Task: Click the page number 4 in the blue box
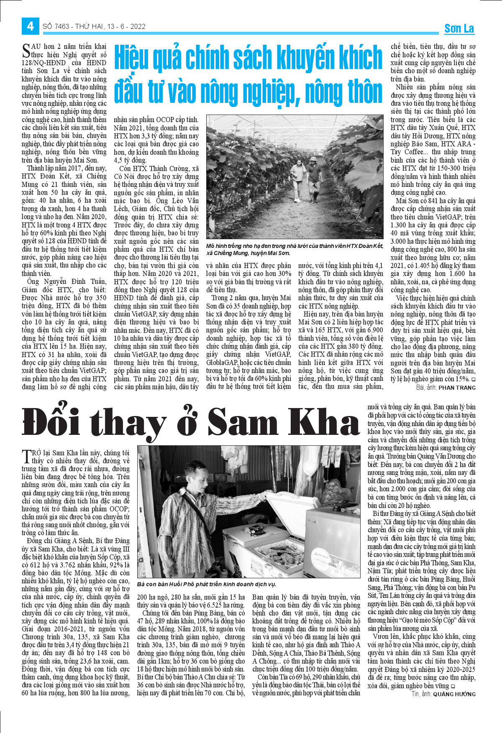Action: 30,26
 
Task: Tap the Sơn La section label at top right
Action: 459,28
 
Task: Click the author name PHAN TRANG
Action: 457,388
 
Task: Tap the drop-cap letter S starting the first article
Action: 26,51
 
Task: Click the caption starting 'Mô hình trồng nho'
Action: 294,249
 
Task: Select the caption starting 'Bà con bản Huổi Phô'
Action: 207,584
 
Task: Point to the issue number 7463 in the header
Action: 61,26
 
